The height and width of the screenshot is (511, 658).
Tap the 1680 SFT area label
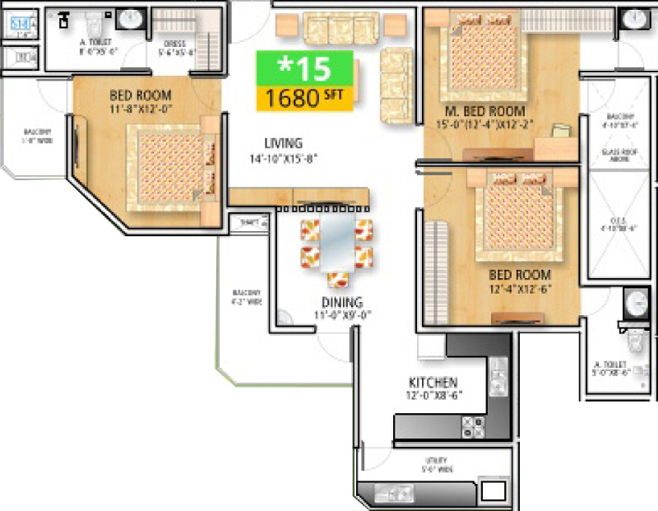305,98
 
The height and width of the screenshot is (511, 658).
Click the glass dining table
336,244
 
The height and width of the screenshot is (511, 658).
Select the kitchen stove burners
474,425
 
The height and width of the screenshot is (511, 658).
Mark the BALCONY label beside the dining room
245,296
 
